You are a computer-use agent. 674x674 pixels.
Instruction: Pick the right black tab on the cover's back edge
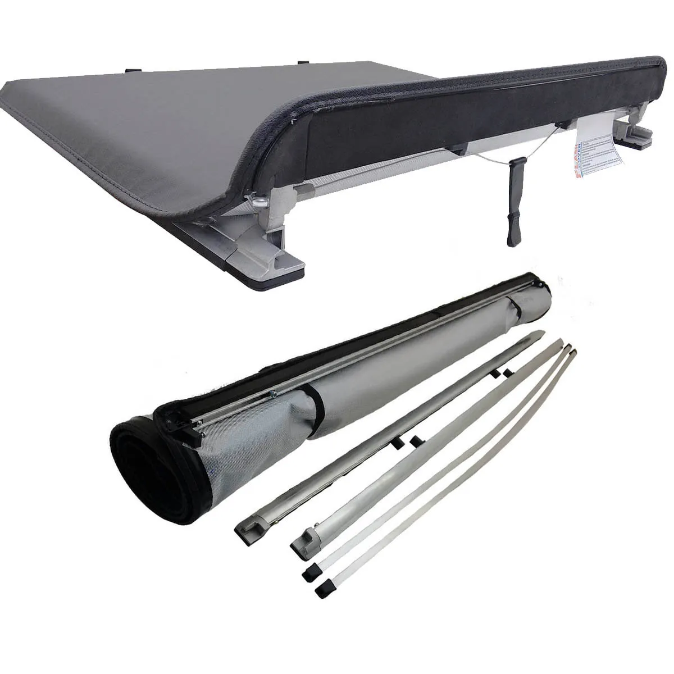[303, 62]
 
